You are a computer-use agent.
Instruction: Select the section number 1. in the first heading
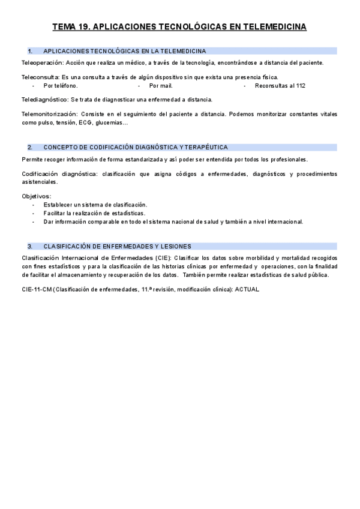(30, 51)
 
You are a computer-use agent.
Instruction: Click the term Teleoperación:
(41, 62)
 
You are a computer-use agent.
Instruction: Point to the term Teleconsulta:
(40, 77)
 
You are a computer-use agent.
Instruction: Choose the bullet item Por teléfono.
(61, 86)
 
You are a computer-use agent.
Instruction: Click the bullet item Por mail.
(161, 86)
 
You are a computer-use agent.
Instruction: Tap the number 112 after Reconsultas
(300, 86)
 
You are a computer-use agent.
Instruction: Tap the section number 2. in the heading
(30, 147)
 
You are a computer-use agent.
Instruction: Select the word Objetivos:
(37, 196)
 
